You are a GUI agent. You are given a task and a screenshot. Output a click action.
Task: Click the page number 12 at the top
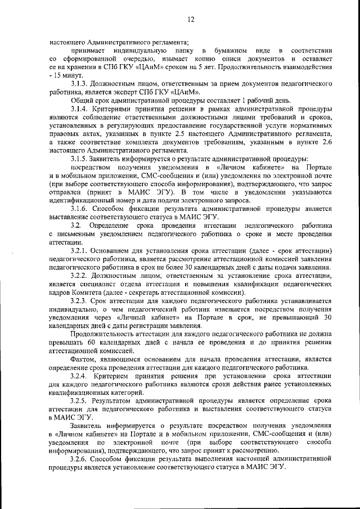(x=191, y=20)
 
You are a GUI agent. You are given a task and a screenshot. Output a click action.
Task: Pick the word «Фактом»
(x=84, y=360)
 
